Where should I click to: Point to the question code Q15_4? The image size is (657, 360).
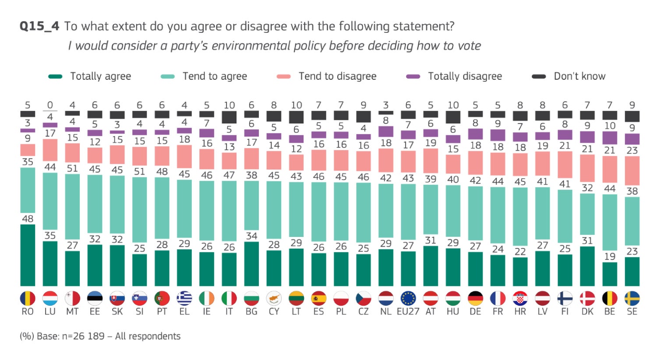39,26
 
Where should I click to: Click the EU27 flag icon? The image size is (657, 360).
408,299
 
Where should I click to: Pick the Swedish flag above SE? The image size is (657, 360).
632,299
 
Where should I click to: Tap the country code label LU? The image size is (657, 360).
50,312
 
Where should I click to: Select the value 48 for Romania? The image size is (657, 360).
28,219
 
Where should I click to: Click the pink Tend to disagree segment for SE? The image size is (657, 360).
632,170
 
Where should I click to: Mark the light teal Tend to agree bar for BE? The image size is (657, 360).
610,228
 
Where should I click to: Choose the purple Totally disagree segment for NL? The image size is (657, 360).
386,131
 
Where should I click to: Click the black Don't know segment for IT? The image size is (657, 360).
229,117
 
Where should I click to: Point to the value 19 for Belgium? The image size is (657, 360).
610,256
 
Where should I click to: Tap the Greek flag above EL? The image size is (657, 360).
184,299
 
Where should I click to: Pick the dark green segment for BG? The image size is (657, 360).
251,264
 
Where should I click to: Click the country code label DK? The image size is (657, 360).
587,312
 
